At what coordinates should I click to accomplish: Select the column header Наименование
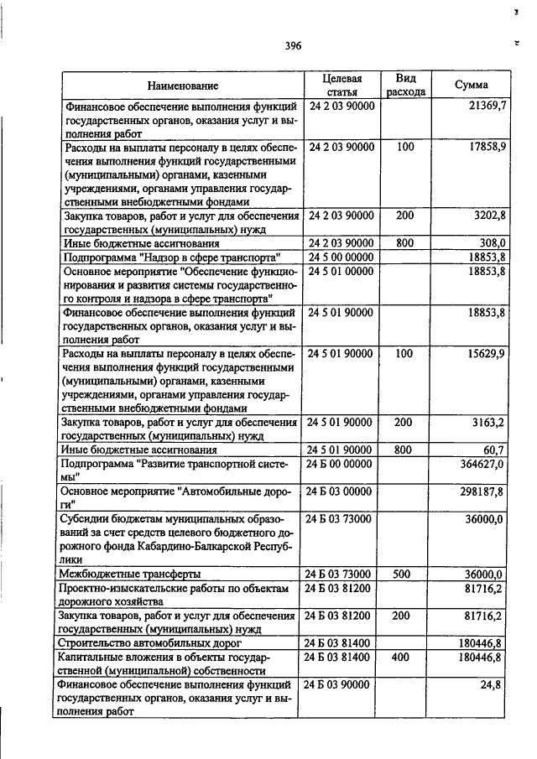[182, 86]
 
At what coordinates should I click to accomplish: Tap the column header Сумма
[471, 85]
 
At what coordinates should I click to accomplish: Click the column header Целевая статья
[341, 85]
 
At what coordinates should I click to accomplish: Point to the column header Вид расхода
[406, 85]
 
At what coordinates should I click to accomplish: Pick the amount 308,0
[491, 242]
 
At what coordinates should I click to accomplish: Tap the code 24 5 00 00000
[341, 257]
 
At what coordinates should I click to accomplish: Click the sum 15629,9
[487, 354]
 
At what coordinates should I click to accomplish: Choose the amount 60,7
[493, 450]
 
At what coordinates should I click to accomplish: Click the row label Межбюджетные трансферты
[129, 574]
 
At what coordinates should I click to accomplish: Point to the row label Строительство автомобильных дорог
[138, 642]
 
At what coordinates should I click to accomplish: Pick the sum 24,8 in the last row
[493, 684]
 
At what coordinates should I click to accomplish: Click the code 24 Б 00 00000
[341, 464]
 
